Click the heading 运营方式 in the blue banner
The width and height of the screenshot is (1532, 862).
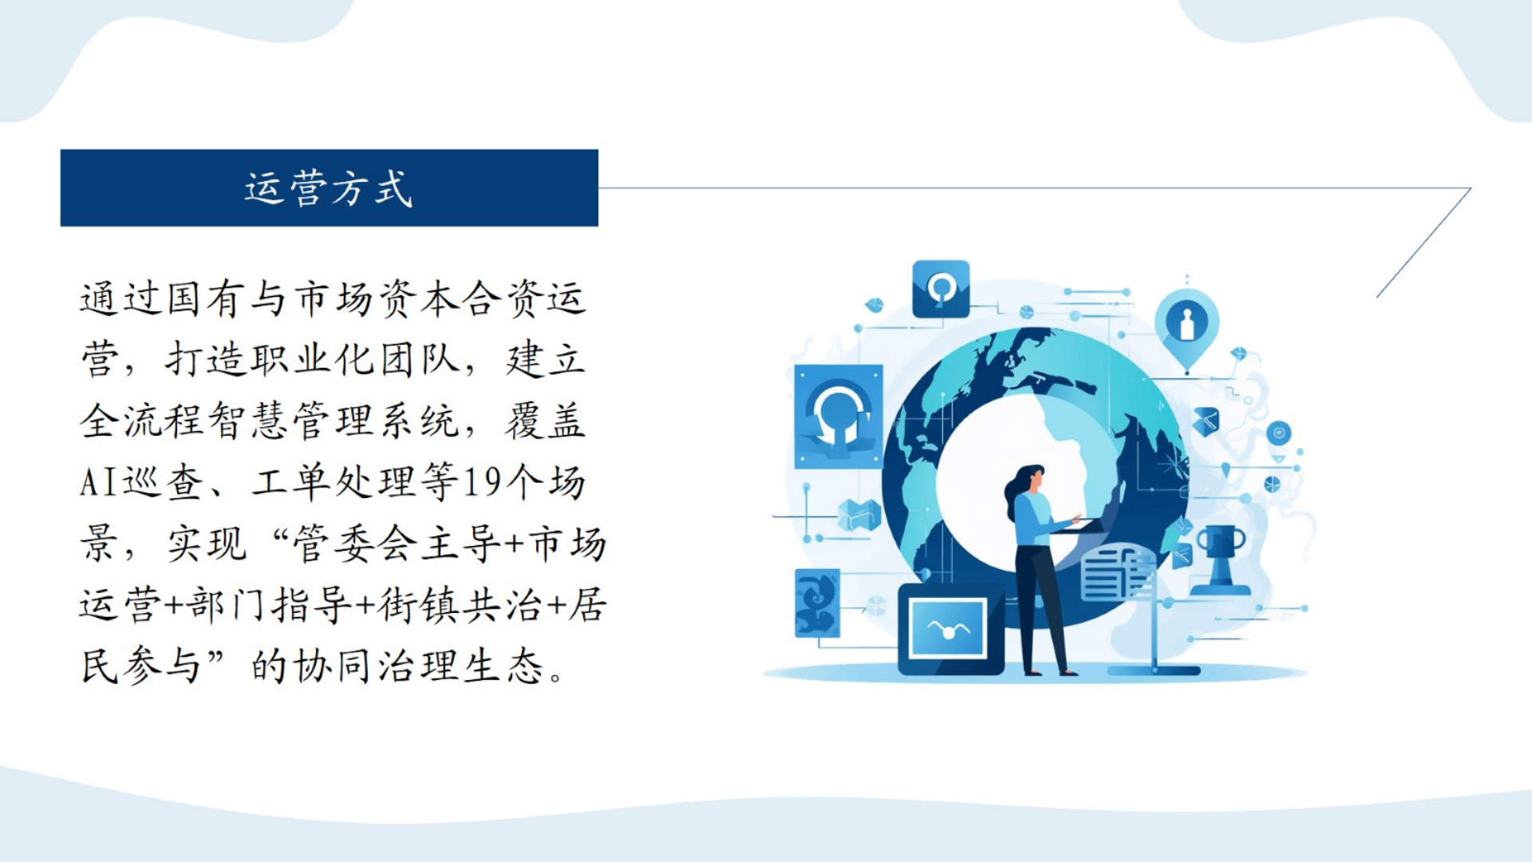tap(328, 189)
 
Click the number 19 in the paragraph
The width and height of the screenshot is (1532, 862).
tap(482, 482)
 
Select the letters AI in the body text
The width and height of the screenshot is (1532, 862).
tap(98, 482)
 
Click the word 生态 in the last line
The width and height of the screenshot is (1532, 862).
tap(504, 666)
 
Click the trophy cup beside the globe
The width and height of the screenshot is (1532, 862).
tap(1220, 559)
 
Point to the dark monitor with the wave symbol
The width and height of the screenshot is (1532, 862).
tap(950, 629)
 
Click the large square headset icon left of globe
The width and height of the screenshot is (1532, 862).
tap(839, 416)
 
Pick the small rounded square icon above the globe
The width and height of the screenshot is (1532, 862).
tap(942, 288)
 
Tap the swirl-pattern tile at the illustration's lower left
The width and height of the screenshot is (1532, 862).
tap(817, 603)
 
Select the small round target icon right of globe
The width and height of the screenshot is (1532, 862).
tap(1278, 433)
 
